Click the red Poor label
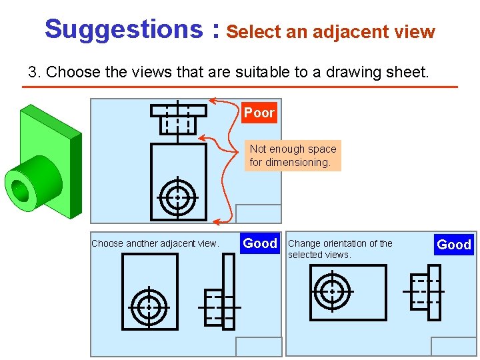pos(259,113)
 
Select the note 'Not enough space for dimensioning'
pos(293,155)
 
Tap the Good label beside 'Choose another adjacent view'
pos(260,243)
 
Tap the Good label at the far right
pos(453,245)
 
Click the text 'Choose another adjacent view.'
pos(155,243)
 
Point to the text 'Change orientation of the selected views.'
pos(340,249)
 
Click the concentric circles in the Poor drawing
pos(178,197)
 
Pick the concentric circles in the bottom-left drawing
pos(149,307)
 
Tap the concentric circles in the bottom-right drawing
pos(331,291)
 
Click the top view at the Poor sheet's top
pos(178,117)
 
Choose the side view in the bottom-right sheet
pos(425,291)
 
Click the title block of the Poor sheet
pos(259,213)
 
